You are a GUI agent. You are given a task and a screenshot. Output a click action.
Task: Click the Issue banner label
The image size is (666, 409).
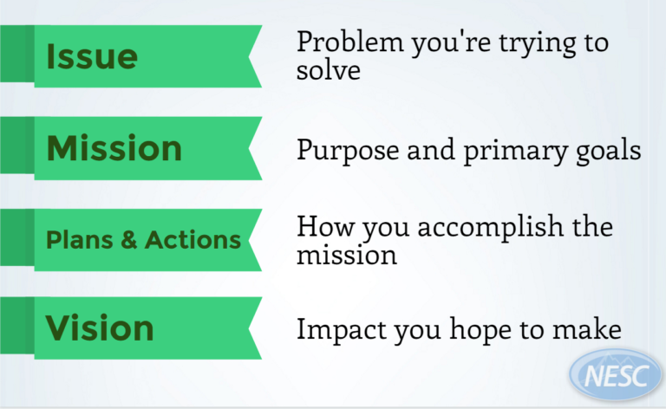92,56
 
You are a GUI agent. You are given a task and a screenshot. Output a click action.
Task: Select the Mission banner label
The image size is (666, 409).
114,148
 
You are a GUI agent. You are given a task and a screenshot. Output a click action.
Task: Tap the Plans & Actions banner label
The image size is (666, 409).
142,239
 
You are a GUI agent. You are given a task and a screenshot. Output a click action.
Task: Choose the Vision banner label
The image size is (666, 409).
100,328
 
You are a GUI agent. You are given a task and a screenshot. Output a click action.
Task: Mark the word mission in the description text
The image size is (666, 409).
347,257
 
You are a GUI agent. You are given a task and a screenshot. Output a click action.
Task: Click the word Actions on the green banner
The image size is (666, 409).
191,239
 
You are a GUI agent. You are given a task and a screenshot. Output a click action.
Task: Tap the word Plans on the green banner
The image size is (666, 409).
80,239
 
